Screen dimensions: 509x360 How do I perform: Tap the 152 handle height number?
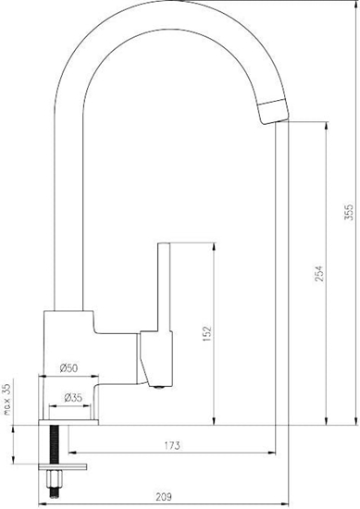click(207, 329)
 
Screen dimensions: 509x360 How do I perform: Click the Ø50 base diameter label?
click(68, 368)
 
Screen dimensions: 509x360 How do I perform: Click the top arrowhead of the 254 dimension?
click(327, 126)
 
